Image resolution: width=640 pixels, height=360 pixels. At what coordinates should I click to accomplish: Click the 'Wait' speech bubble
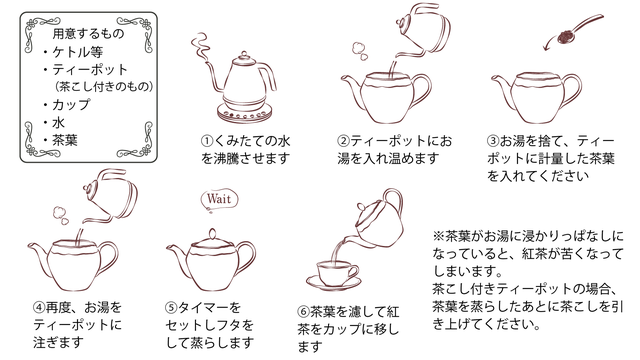coord(219,200)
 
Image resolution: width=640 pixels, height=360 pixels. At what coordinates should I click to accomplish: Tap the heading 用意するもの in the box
coord(88,33)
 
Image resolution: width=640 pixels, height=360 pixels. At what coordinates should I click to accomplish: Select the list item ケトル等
coord(77,52)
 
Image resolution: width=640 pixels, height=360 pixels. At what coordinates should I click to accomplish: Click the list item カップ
coord(71,104)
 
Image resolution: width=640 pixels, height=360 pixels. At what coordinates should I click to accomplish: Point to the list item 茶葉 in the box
coord(64,140)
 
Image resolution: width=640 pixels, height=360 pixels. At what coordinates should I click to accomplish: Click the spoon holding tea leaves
coord(579,29)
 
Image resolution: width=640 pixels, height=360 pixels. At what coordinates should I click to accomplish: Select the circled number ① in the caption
coord(207,141)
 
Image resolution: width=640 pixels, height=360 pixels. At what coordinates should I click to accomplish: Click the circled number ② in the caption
coord(343,141)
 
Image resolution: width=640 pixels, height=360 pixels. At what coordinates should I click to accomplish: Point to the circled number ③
coord(493,141)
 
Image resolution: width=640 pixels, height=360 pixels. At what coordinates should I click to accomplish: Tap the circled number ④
coord(39,307)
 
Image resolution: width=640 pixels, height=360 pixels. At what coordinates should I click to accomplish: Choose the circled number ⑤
coord(171,307)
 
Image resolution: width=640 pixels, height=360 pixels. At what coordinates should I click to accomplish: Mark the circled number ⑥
coord(304,312)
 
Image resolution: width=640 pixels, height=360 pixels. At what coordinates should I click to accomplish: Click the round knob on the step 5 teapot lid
coord(212,234)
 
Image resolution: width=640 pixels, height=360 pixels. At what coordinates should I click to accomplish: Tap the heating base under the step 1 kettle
coord(244,112)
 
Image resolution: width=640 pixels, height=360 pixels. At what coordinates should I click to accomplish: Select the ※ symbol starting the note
coord(438,236)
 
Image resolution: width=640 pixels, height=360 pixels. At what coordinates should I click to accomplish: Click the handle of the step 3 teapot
coord(572,91)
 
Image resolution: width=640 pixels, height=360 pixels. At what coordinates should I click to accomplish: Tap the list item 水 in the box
coord(58,122)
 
